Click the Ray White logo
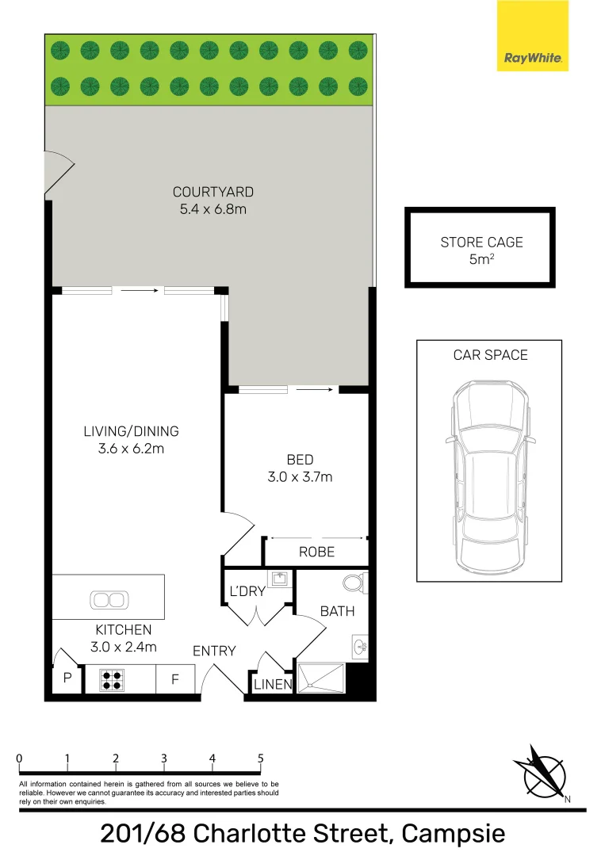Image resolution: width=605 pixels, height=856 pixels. pyautogui.click(x=532, y=36)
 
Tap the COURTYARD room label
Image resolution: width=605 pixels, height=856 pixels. pyautogui.click(x=213, y=192)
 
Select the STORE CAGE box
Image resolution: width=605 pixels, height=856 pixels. pyautogui.click(x=480, y=247)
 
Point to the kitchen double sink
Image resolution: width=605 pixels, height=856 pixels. pyautogui.click(x=109, y=600)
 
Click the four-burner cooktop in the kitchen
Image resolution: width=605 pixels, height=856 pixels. pyautogui.click(x=111, y=680)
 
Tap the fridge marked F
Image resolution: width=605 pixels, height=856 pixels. pyautogui.click(x=175, y=679)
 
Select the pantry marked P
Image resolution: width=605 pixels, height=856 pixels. pyautogui.click(x=67, y=678)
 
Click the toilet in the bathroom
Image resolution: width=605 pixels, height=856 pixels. pyautogui.click(x=355, y=583)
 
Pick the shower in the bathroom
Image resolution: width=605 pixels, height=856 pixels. pyautogui.click(x=320, y=678)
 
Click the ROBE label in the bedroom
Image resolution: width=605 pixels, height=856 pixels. pyautogui.click(x=316, y=552)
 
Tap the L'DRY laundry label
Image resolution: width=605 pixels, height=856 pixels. pyautogui.click(x=247, y=591)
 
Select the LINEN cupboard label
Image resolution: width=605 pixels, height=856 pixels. pyautogui.click(x=273, y=684)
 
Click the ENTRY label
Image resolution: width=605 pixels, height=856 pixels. pyautogui.click(x=214, y=651)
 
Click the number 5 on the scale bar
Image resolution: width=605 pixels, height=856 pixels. pyautogui.click(x=260, y=759)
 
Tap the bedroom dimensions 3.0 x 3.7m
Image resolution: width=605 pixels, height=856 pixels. pyautogui.click(x=300, y=476)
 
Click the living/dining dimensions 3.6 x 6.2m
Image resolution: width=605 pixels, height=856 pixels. pyautogui.click(x=131, y=449)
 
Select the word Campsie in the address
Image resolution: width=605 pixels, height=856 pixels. pyautogui.click(x=454, y=834)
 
